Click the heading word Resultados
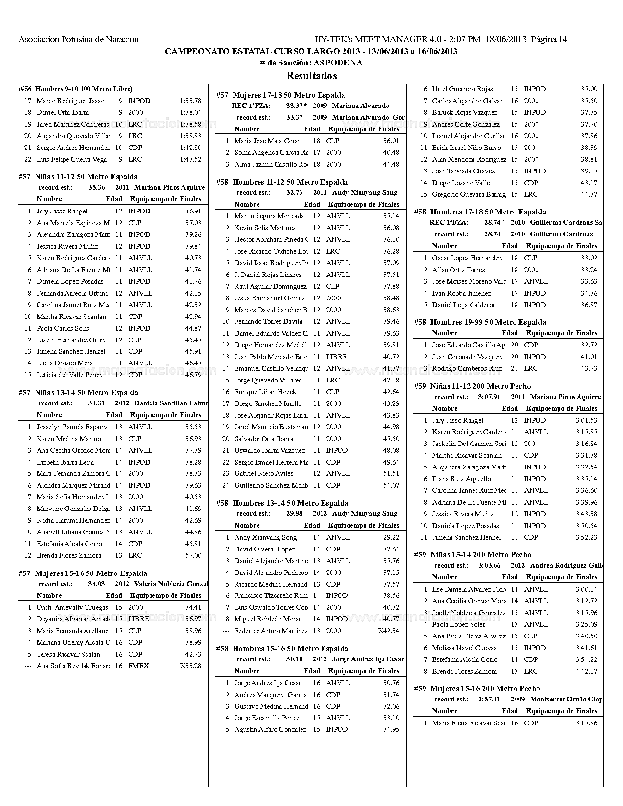pyautogui.click(x=311, y=76)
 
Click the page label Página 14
pyautogui.click(x=549, y=39)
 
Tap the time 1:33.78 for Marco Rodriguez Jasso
pyautogui.click(x=191, y=101)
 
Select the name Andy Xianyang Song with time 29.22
pyautogui.click(x=265, y=537)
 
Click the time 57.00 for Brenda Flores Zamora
pyautogui.click(x=193, y=555)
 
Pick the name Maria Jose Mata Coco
pyautogui.click(x=267, y=141)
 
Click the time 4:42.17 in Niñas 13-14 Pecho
pyautogui.click(x=586, y=671)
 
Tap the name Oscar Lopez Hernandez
pyautogui.click(x=467, y=258)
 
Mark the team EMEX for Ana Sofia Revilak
pyautogui.click(x=138, y=666)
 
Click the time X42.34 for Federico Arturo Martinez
pyautogui.click(x=388, y=631)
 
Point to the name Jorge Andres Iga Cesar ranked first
pyautogui.click(x=267, y=683)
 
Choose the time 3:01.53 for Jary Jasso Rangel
pyautogui.click(x=586, y=420)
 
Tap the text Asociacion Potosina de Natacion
pyautogui.click(x=79, y=39)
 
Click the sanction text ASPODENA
pyautogui.click(x=338, y=63)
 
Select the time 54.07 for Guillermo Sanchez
pyautogui.click(x=391, y=485)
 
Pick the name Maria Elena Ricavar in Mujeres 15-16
pyautogui.click(x=469, y=723)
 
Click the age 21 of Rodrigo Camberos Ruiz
pyautogui.click(x=514, y=368)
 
